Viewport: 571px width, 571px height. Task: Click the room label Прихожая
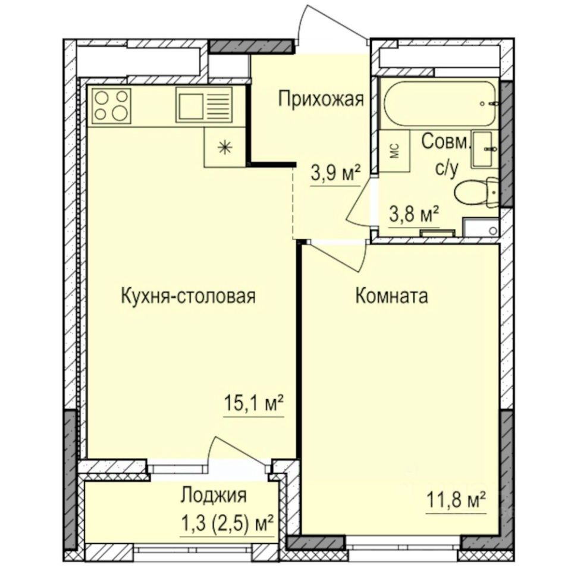[x=321, y=99]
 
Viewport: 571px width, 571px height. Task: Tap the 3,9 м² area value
[x=336, y=174]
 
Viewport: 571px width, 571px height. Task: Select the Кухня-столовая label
[x=188, y=296]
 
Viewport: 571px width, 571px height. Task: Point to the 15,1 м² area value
[x=253, y=406]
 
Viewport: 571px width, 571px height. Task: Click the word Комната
[x=391, y=296]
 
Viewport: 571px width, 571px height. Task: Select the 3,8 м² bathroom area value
[x=414, y=213]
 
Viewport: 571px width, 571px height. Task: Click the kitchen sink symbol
[x=202, y=105]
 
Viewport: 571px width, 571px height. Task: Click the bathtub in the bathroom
[x=440, y=102]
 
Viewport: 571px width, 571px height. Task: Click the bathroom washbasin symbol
[x=485, y=149]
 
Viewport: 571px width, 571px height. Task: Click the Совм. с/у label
[x=446, y=155]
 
